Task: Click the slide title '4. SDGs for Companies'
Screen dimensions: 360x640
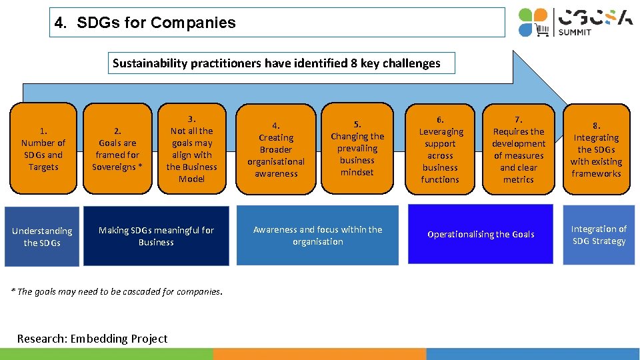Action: point(145,23)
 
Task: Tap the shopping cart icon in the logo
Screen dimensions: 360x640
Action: point(542,29)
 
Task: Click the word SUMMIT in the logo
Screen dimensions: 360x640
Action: point(575,32)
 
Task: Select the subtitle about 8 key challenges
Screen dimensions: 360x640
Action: point(276,63)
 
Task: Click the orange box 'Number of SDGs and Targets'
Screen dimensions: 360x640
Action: point(43,149)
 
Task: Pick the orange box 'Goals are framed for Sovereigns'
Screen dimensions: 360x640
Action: point(117,149)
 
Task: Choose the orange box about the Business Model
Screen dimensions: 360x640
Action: point(191,149)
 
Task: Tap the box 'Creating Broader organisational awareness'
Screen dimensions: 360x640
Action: point(276,149)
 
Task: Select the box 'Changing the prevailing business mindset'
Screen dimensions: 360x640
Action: point(357,149)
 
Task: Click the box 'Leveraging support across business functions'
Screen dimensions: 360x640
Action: point(440,149)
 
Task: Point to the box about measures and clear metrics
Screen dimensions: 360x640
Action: point(519,149)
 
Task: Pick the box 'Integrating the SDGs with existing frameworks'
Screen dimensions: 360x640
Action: point(597,149)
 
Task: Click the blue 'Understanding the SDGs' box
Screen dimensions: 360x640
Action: point(42,237)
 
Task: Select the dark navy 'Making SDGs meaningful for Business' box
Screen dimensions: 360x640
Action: point(156,236)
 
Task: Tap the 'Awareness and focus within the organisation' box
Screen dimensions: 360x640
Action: point(318,235)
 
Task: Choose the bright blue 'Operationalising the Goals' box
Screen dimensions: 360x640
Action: point(481,235)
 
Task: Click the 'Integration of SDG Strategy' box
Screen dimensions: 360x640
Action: point(599,235)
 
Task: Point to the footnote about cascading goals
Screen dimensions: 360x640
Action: point(117,291)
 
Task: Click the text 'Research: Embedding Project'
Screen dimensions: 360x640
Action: point(92,339)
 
